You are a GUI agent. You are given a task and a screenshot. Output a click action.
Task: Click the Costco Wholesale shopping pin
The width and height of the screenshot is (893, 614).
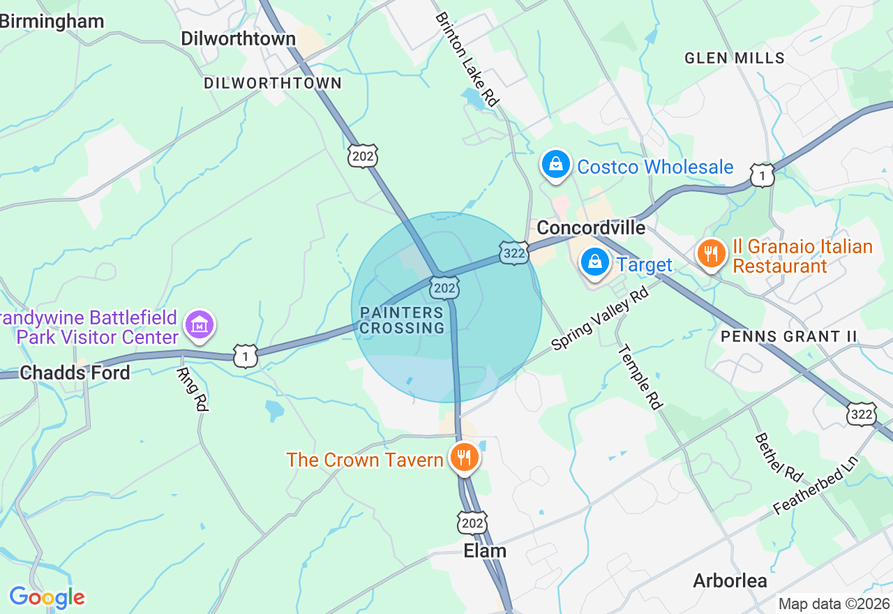[556, 165]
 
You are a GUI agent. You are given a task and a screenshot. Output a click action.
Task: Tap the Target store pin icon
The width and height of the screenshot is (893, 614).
[595, 263]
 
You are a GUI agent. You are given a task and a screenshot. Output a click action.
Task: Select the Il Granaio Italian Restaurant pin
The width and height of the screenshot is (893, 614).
[711, 254]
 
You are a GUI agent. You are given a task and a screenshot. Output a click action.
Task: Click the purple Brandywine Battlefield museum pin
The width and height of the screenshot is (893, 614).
[200, 325]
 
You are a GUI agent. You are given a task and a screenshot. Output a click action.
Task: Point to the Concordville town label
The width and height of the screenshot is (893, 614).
[591, 228]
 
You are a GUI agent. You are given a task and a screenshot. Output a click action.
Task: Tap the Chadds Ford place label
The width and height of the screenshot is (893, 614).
[75, 373]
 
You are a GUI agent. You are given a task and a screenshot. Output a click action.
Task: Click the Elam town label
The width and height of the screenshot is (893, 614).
[485, 551]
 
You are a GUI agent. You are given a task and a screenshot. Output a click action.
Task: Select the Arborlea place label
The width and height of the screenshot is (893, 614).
[730, 581]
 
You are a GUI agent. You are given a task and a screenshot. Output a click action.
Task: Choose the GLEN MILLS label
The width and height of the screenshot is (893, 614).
[735, 58]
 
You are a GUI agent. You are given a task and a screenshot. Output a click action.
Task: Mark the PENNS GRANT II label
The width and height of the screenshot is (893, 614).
[788, 336]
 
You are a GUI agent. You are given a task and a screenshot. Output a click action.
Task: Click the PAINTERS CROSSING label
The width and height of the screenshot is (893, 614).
[403, 320]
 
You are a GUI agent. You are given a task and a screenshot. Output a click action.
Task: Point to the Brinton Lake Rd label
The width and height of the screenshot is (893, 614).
[467, 59]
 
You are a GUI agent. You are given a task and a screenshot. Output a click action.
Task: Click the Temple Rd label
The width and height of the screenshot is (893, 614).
[640, 377]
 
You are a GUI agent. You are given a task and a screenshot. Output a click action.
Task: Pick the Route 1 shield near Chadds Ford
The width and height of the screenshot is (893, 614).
[245, 356]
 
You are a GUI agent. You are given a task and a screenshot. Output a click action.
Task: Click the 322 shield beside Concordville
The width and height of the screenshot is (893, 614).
[513, 254]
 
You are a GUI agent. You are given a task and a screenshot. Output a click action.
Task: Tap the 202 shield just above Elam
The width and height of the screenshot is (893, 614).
[472, 523]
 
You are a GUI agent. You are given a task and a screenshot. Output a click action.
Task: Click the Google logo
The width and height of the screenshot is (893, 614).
[47, 597]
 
